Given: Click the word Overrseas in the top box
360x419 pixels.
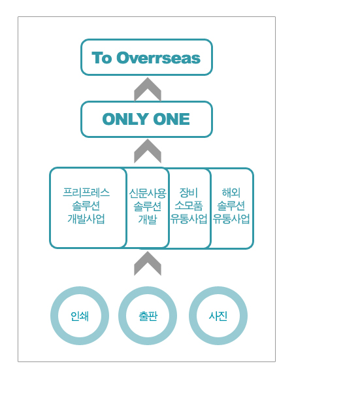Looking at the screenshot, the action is click(158, 58).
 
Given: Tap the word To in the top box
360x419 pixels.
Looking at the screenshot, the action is click(102, 58).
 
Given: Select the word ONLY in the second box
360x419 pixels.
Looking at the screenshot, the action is click(125, 119).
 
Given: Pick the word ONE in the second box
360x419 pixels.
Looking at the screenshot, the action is click(171, 119).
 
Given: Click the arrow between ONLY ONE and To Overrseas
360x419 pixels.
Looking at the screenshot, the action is click(148, 90).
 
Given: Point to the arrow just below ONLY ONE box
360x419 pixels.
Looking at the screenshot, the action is click(148, 151).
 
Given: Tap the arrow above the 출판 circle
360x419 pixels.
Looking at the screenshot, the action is click(148, 263).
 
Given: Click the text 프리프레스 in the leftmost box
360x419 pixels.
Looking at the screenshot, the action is click(86, 193).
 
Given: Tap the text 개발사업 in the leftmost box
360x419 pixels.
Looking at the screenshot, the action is click(86, 219).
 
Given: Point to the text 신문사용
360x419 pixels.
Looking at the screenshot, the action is click(148, 193).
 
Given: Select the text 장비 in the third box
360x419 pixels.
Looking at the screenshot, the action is click(189, 193).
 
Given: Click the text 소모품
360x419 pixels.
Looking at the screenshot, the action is click(189, 205).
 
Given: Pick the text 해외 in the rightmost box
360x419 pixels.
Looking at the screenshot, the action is click(231, 193).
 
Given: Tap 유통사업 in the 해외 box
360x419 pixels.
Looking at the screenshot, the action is click(231, 219).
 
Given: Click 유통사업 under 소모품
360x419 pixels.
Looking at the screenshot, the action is click(189, 219).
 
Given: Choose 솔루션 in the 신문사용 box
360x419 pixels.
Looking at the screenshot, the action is click(148, 207).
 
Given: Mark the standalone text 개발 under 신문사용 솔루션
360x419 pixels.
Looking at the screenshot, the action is click(148, 220).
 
